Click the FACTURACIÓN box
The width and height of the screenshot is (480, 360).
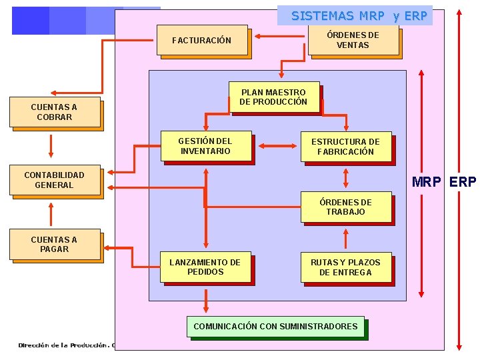pyautogui.click(x=203, y=41)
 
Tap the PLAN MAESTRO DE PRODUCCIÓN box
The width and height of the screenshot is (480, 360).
pyautogui.click(x=273, y=97)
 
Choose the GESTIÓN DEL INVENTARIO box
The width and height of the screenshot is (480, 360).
pyautogui.click(x=205, y=146)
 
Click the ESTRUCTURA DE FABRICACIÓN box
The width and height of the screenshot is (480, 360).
pyautogui.click(x=345, y=147)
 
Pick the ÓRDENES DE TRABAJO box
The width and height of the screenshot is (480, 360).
pyautogui.click(x=345, y=207)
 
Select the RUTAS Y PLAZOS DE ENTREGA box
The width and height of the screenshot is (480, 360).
pyautogui.click(x=345, y=267)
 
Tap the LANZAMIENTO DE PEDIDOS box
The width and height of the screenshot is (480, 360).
pyautogui.click(x=205, y=267)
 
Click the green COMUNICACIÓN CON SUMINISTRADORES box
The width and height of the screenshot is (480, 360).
pyautogui.click(x=275, y=327)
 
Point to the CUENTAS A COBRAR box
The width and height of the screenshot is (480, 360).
pyautogui.click(x=54, y=112)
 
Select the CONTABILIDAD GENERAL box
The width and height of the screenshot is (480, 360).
pyautogui.click(x=54, y=180)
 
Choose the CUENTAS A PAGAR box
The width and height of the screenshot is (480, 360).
pyautogui.click(x=54, y=245)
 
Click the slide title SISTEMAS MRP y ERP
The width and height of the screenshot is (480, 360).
pyautogui.click(x=359, y=16)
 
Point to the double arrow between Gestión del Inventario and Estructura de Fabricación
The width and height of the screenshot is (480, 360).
pyautogui.click(x=277, y=145)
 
